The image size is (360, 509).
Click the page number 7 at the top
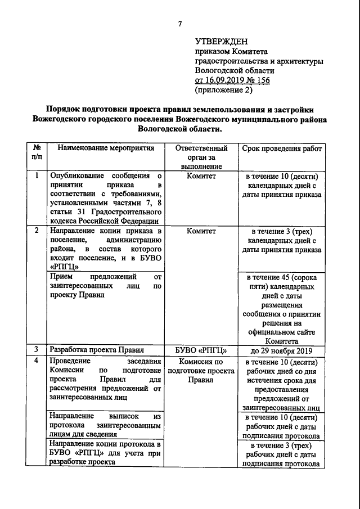pyautogui.click(x=180, y=24)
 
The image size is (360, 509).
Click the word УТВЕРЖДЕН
pyautogui.click(x=221, y=42)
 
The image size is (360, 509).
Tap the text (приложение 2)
pyautogui.click(x=223, y=90)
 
